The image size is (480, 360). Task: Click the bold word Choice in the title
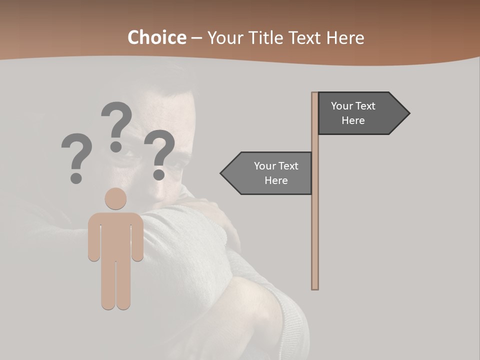pyautogui.click(x=156, y=38)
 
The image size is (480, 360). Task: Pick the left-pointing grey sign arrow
pyautogui.click(x=270, y=173)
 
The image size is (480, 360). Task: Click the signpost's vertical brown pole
pyautogui.click(x=315, y=225)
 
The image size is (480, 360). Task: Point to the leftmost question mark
pyautogui.click(x=76, y=152)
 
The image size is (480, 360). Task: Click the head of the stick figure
pyautogui.click(x=115, y=199)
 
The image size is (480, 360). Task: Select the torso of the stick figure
pyautogui.click(x=115, y=235)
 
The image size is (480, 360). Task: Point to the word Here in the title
pyautogui.click(x=345, y=38)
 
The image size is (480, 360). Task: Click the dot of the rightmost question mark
pyautogui.click(x=159, y=174)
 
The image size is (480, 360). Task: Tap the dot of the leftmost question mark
pyautogui.click(x=76, y=177)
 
